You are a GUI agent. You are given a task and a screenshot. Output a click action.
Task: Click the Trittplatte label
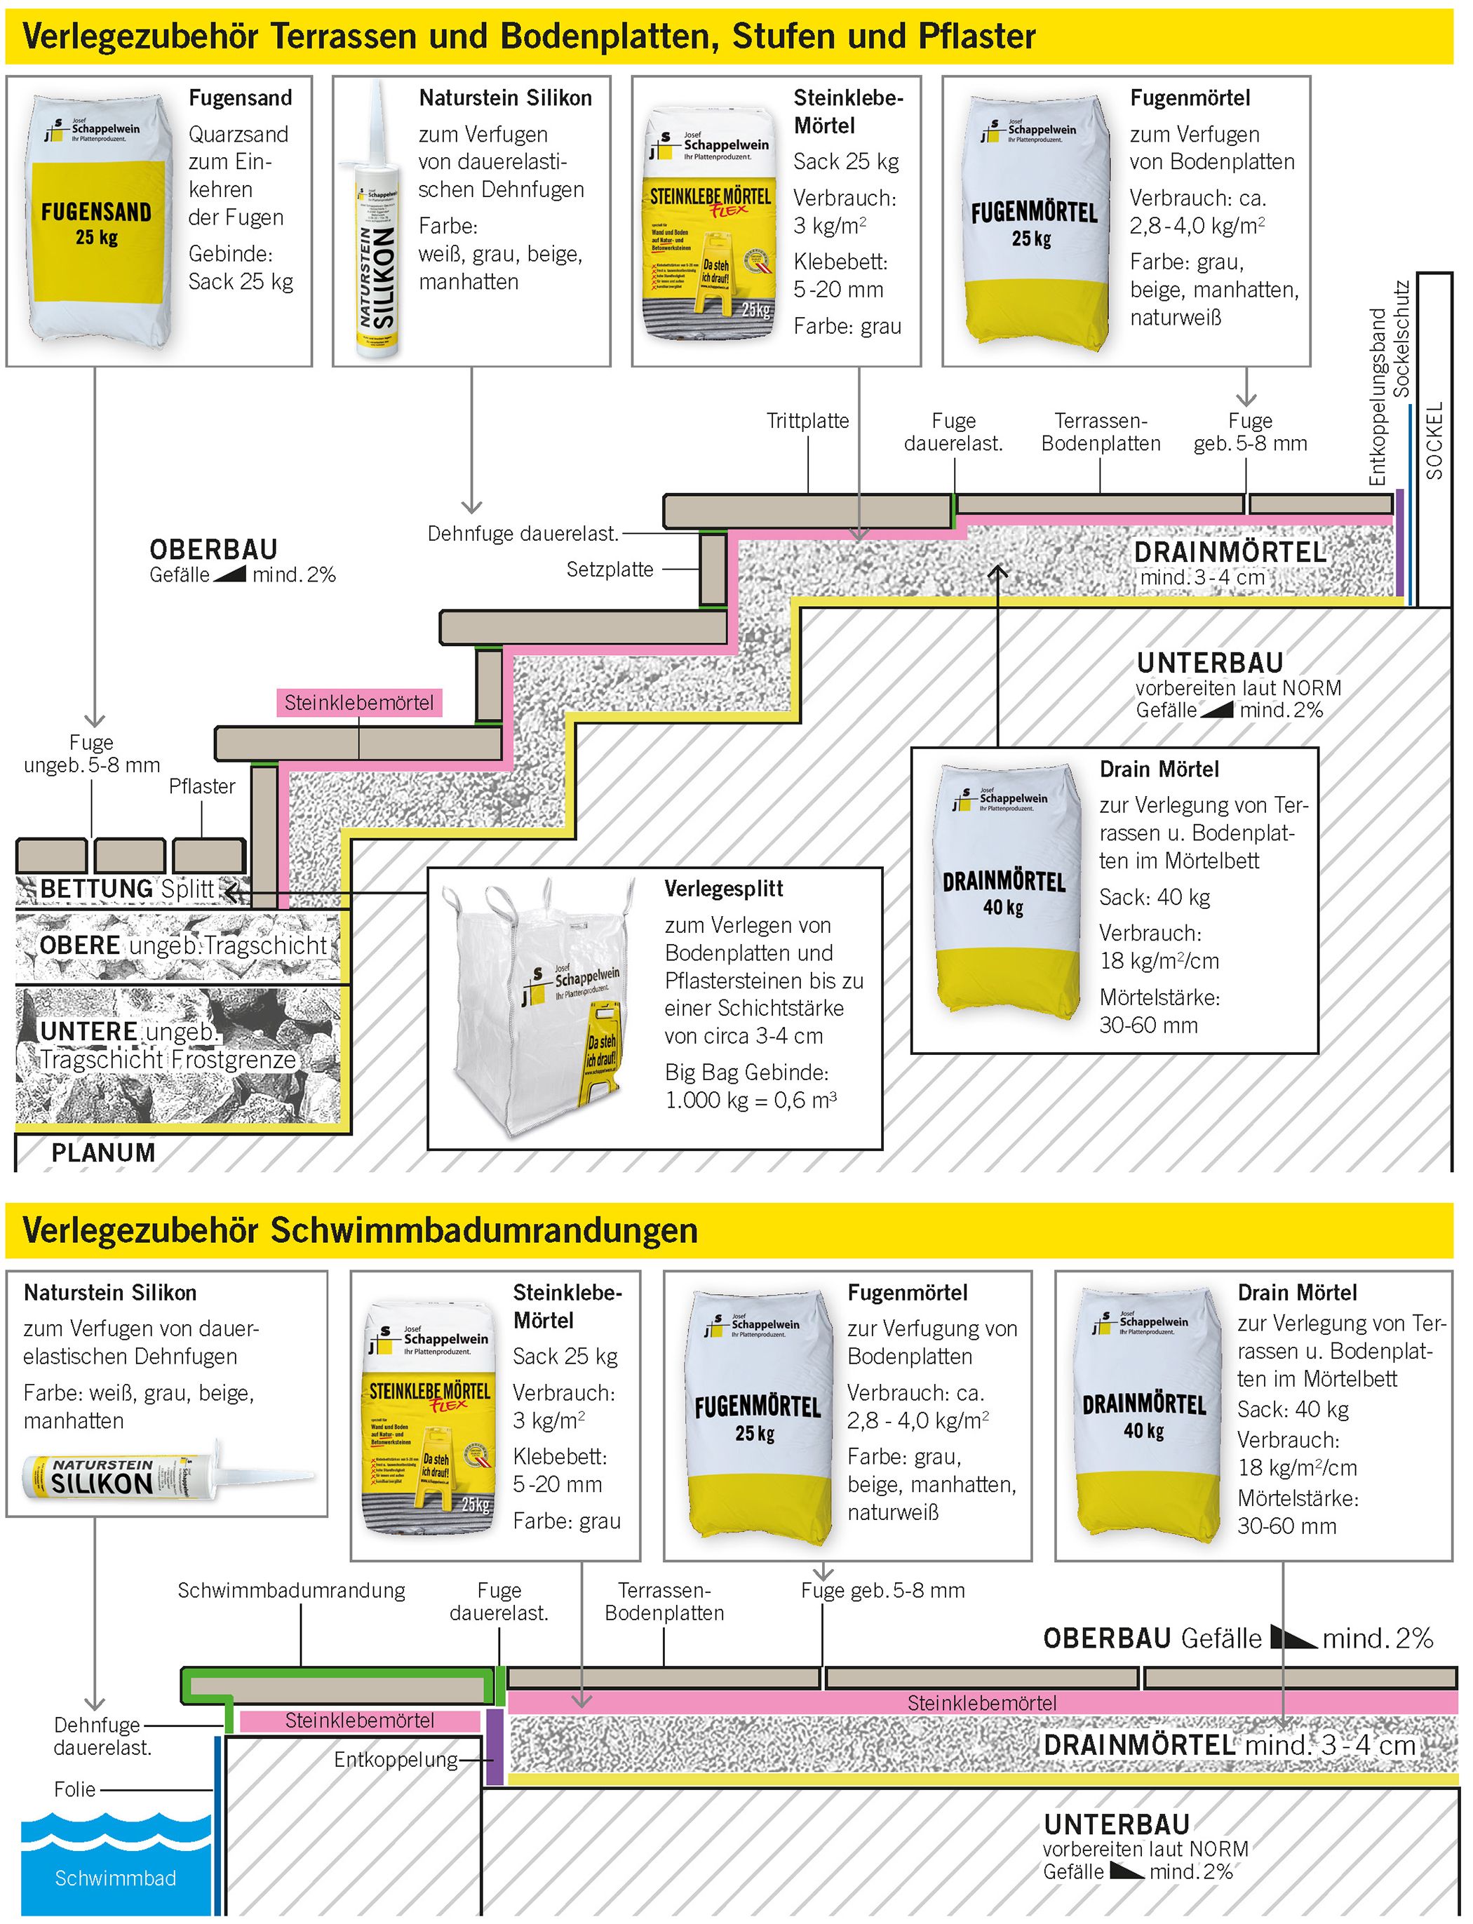[x=807, y=421]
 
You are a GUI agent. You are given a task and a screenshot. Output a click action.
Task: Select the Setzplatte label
[x=610, y=570]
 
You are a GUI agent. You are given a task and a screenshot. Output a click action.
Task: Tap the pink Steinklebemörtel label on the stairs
[x=358, y=703]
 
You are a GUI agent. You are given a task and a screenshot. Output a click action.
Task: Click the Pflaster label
[x=202, y=786]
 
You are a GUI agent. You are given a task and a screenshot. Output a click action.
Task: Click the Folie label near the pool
[x=74, y=1789]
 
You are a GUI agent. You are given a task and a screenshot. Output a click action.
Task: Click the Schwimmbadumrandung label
[x=291, y=1590]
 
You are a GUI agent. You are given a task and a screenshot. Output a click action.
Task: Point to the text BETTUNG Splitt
[x=127, y=889]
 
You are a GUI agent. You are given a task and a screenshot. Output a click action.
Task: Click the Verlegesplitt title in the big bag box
[x=723, y=889]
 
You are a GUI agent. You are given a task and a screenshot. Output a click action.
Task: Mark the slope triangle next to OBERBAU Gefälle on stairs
[x=230, y=575]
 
